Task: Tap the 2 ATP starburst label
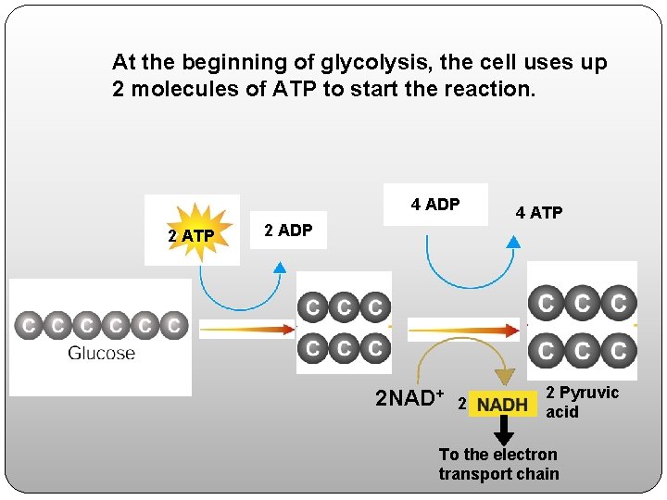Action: [192, 236]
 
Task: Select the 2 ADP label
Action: [288, 230]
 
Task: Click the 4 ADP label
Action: [435, 205]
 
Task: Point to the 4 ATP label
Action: [538, 213]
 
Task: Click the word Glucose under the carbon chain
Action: [101, 353]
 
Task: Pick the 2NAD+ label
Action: [405, 399]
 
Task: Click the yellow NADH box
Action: [502, 405]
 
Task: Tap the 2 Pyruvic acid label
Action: [582, 402]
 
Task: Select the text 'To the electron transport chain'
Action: [498, 464]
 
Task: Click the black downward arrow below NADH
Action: [503, 431]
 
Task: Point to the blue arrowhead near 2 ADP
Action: [280, 268]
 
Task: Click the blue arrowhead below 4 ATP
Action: [513, 243]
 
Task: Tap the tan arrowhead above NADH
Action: [504, 377]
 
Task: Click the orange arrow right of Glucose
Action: [245, 328]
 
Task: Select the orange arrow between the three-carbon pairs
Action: [463, 329]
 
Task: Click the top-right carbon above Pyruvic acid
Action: [618, 303]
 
